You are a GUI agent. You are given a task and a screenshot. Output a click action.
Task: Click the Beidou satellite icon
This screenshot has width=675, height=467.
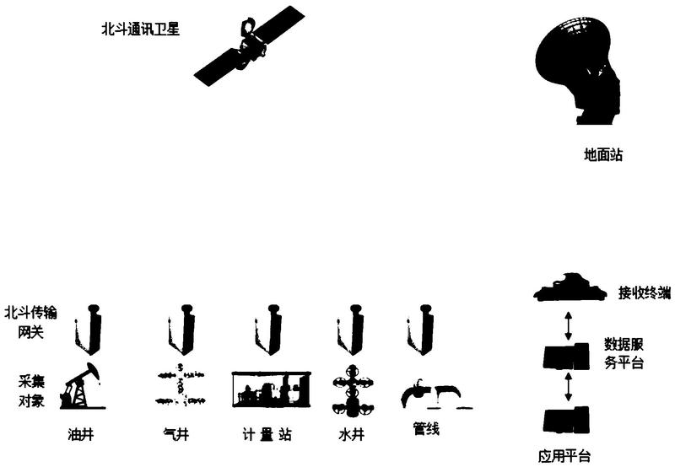[249, 46]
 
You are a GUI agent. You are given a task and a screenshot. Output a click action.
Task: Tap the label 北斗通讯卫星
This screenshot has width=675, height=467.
[140, 30]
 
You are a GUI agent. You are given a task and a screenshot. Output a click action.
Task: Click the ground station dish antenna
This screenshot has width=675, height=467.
[578, 69]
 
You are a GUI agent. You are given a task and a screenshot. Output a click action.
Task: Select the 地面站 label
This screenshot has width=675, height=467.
[602, 155]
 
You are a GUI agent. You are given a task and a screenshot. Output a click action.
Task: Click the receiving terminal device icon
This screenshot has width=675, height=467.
[570, 287]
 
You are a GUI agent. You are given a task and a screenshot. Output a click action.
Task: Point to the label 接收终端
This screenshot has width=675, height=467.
[645, 293]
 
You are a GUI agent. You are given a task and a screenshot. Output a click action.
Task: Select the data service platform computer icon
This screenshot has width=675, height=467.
[566, 357]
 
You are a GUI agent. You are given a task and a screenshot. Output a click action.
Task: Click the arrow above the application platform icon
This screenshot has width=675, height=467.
[569, 387]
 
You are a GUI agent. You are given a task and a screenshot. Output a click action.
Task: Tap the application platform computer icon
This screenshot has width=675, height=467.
[566, 420]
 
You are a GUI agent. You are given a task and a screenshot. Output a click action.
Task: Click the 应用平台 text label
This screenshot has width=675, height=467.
[564, 456]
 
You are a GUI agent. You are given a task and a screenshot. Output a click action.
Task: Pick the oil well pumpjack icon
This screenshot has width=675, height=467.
[82, 386]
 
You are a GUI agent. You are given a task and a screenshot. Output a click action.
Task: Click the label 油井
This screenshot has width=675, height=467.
[81, 434]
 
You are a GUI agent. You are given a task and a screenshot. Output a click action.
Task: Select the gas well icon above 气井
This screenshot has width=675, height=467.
[180, 385]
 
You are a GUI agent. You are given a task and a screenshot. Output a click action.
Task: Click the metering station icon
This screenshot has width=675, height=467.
[271, 389]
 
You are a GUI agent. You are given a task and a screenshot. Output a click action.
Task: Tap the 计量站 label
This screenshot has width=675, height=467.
[267, 434]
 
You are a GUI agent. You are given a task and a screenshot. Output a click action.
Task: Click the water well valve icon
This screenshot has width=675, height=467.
[353, 390]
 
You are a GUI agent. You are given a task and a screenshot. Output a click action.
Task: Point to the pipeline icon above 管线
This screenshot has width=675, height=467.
[435, 394]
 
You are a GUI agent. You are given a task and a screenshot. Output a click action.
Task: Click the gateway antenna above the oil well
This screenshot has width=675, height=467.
[89, 330]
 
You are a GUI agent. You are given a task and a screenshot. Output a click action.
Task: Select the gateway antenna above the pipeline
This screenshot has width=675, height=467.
[420, 330]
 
